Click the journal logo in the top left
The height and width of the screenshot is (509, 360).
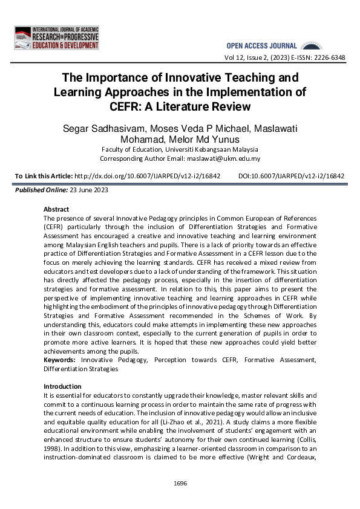point(56,37)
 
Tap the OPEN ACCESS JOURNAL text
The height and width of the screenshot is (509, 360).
point(261,46)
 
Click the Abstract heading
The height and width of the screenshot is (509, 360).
point(56,209)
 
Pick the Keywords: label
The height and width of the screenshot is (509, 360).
point(61,360)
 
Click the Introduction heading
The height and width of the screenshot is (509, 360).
point(62,386)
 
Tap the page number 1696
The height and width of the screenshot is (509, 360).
point(180,482)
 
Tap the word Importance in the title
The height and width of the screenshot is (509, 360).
point(125,78)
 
